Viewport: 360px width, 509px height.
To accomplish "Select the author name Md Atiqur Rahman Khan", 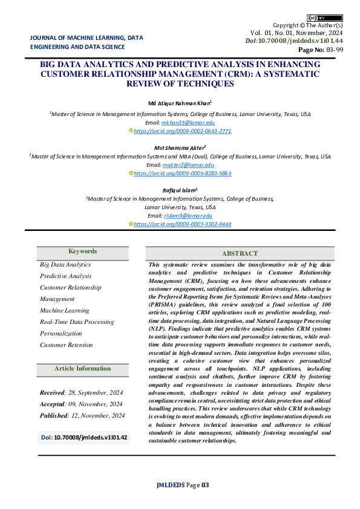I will pos(180,103).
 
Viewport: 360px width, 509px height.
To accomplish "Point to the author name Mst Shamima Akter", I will pos(180,146).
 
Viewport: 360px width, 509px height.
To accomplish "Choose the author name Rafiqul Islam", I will pos(180,189).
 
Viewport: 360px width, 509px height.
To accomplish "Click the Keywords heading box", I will pos(82,251).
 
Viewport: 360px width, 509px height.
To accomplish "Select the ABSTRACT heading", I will pos(239,254).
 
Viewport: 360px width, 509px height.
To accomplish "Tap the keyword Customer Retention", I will pos(67,345).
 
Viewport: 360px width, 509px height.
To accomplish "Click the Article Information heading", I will pos(82,369).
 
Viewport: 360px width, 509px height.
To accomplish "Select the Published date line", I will pos(82,415).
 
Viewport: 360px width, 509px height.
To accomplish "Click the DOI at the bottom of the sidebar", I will pos(84,436).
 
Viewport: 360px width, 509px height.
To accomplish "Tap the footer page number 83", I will pos(205,485).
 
